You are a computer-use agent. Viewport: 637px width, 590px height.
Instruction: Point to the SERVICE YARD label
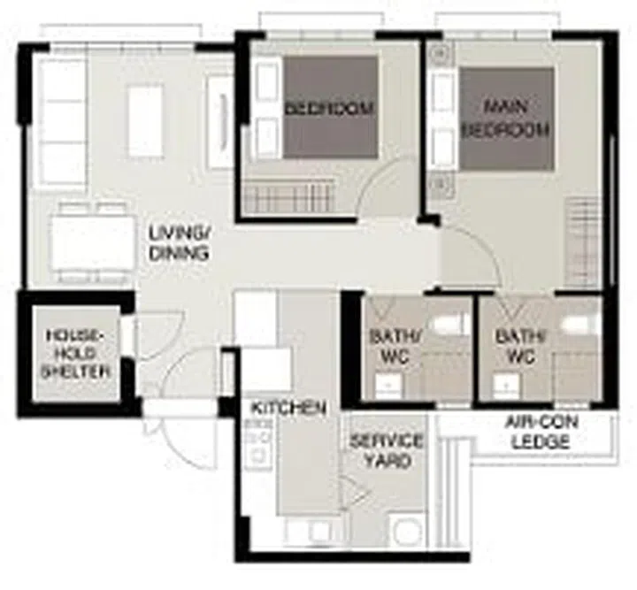tap(387, 451)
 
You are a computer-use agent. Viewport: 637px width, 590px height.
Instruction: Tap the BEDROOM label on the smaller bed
tap(329, 109)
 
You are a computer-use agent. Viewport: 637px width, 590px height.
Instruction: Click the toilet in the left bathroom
tap(457, 324)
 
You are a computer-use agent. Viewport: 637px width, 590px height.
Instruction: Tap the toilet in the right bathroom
tap(585, 324)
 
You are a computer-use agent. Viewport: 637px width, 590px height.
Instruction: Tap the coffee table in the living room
tap(146, 121)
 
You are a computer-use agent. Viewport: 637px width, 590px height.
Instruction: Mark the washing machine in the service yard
tap(407, 533)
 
